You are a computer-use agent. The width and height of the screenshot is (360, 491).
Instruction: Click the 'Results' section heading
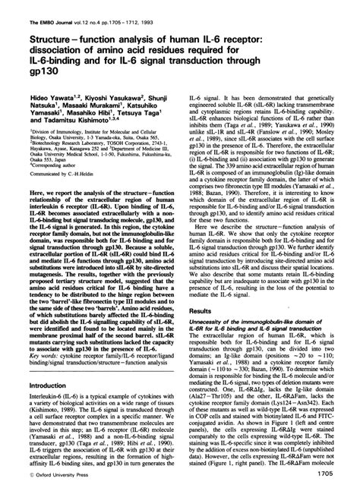201,310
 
